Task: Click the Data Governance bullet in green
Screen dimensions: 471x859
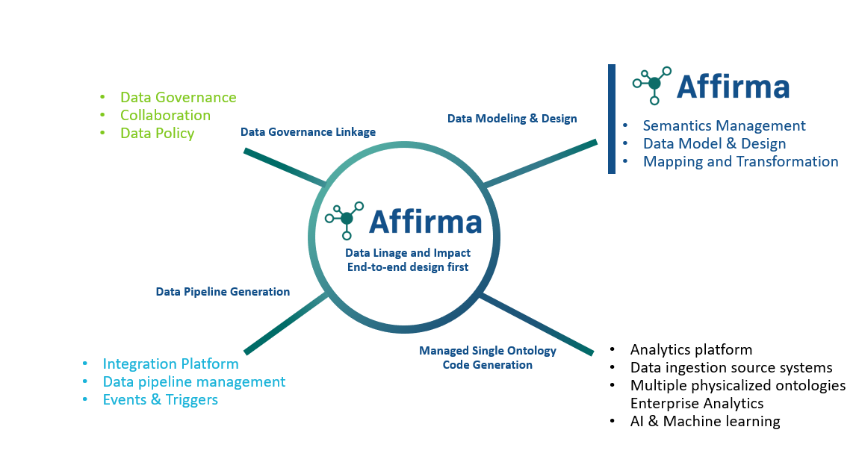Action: coord(178,97)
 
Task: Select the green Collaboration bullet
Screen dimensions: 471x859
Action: coord(165,115)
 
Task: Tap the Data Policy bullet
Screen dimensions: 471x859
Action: coord(157,133)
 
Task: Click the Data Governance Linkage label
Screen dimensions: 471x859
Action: coord(308,132)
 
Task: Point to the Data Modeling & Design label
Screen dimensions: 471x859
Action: coord(512,119)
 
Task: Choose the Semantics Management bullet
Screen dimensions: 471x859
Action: coord(724,125)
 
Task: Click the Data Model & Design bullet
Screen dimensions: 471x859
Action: coord(714,143)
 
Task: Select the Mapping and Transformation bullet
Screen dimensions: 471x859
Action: coord(740,161)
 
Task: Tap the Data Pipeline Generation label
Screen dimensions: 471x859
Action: coord(223,292)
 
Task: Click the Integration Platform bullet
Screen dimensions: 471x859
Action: coord(170,364)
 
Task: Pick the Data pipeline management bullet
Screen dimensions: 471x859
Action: coord(193,381)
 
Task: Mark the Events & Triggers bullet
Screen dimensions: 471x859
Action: coord(160,399)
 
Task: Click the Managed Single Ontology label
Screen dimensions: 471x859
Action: coord(488,351)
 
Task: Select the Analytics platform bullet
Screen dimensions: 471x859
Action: coord(691,349)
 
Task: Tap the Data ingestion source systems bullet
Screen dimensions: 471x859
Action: coord(731,367)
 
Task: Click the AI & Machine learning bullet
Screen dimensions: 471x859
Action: coord(704,421)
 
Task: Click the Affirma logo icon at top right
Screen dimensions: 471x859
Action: coord(652,85)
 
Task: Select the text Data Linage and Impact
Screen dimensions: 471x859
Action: coord(407,254)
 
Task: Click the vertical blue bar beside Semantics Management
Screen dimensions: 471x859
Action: coord(612,119)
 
